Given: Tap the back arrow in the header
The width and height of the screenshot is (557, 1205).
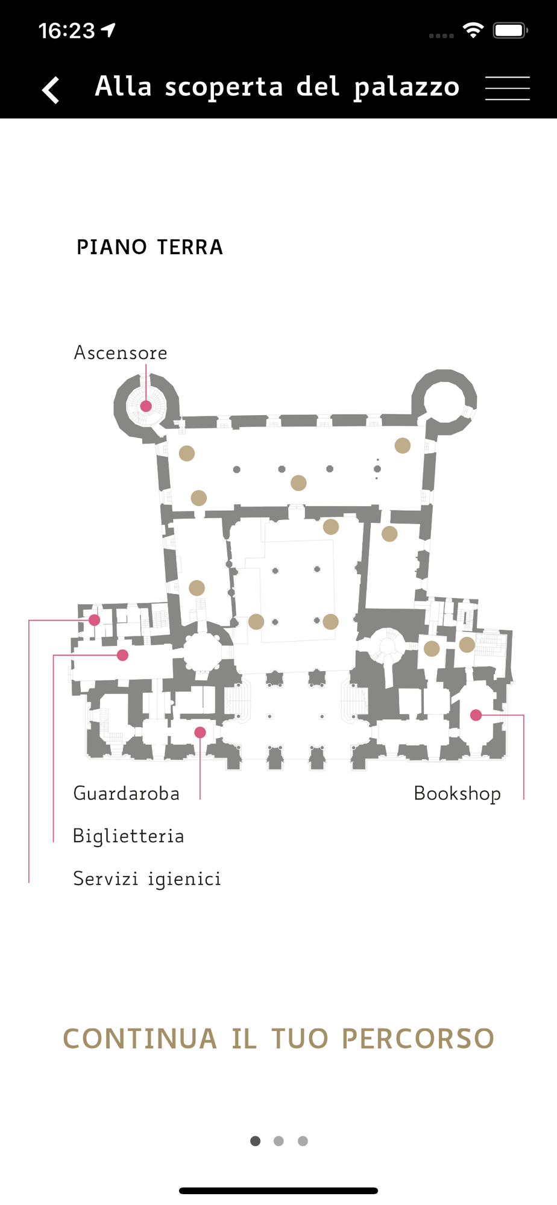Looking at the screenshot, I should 51,90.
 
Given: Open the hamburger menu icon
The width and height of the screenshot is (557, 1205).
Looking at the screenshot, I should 508,88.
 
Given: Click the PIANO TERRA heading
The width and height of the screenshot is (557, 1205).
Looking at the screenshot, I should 149,247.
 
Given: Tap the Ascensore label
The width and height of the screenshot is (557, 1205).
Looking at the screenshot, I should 121,352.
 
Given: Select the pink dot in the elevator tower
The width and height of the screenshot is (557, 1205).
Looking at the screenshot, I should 146,406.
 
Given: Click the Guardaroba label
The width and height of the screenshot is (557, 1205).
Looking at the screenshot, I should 127,793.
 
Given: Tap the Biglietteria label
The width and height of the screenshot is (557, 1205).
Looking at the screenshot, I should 128,836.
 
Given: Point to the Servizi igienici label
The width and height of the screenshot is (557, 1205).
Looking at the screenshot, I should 147,879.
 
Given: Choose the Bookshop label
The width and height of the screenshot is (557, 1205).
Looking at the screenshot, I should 457,793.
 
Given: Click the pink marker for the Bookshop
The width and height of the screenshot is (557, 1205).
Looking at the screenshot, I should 476,715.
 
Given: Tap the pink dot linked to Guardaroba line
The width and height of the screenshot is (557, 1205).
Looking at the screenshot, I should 200,732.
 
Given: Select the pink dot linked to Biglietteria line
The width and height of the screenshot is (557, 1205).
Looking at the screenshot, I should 123,655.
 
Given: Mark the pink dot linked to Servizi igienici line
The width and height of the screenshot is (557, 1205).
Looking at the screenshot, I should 95,620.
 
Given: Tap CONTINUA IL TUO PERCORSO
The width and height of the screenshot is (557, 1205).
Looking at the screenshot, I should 278,1039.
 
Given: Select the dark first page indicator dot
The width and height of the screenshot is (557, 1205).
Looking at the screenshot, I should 256,1141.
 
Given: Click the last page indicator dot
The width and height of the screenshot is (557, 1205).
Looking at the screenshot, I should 303,1141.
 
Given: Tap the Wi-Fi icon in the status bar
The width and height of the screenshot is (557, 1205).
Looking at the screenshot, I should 473,30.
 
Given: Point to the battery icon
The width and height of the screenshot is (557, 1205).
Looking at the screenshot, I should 510,30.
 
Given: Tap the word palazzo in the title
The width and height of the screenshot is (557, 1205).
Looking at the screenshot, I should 407,87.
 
